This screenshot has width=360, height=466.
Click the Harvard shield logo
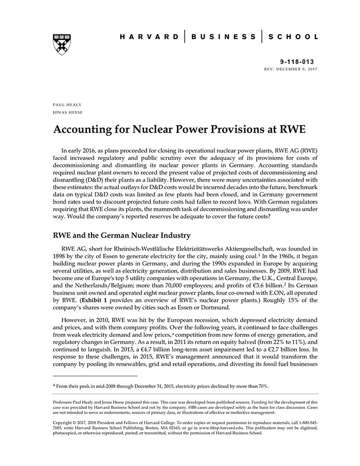(x=62, y=44)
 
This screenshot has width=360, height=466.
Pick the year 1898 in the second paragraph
(x=61, y=257)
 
